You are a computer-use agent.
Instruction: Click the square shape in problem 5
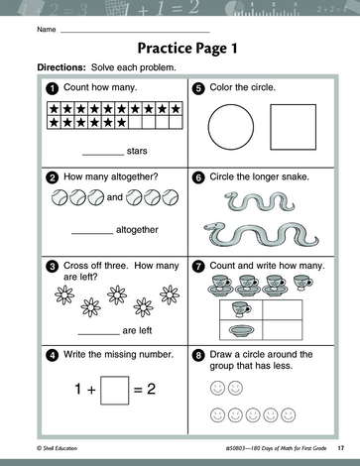(271, 127)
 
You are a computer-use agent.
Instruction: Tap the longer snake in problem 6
(261, 234)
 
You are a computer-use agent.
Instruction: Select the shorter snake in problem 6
(259, 201)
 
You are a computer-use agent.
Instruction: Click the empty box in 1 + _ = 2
(100, 391)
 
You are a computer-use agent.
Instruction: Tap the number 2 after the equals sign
(151, 389)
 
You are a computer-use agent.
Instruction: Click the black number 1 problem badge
(53, 88)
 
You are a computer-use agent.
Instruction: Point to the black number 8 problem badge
(198, 355)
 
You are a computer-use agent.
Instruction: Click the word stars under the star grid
(137, 151)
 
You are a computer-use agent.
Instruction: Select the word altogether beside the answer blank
(137, 230)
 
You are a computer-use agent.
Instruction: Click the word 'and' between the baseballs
(115, 197)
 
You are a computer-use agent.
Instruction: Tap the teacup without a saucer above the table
(302, 283)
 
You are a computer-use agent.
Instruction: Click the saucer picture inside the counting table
(241, 331)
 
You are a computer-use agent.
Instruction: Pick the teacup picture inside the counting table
(241, 309)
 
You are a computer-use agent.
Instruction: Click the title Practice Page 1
(187, 49)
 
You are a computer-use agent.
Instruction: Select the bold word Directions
(61, 67)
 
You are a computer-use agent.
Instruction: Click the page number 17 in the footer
(341, 448)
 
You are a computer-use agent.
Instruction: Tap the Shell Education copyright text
(58, 448)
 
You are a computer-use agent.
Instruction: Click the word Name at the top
(47, 30)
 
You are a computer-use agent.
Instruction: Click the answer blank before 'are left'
(99, 334)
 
